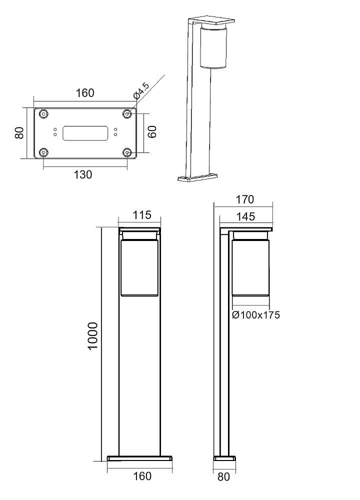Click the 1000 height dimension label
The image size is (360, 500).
(93, 336)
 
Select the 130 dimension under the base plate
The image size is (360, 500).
(83, 174)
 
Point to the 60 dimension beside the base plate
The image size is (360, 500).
(152, 131)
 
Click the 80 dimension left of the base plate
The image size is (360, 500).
(19, 132)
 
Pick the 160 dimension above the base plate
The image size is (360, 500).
(85, 93)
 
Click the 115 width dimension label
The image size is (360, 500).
(141, 215)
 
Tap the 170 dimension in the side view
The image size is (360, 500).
(245, 199)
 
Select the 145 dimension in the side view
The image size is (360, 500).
(246, 216)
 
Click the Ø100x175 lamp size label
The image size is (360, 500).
(256, 314)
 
